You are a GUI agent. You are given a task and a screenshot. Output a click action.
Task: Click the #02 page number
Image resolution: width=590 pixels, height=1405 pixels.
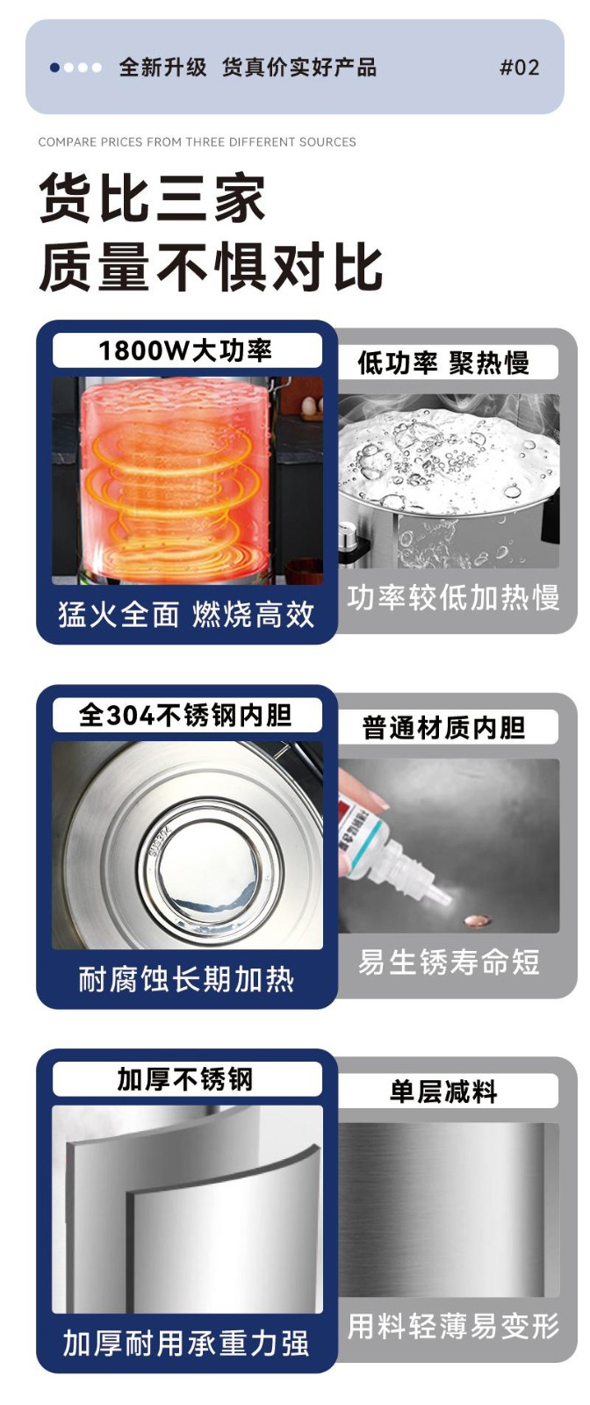(519, 67)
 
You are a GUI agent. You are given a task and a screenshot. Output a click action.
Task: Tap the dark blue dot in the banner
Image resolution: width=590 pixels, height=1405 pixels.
(55, 67)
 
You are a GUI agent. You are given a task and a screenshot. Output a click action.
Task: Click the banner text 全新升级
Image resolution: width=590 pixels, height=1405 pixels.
(162, 67)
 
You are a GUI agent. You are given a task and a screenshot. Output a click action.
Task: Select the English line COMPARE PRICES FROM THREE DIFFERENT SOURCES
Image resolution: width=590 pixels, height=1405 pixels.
(197, 142)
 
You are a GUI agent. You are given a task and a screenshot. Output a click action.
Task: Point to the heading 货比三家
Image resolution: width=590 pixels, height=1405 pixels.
(153, 198)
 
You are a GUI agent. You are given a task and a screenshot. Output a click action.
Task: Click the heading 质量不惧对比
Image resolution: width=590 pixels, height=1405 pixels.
(211, 267)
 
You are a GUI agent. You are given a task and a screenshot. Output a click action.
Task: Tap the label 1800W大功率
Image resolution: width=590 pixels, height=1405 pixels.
(185, 350)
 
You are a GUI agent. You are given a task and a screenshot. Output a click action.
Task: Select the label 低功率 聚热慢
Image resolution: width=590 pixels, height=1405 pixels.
(443, 363)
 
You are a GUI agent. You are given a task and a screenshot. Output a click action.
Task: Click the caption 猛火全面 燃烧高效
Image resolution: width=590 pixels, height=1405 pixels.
(186, 614)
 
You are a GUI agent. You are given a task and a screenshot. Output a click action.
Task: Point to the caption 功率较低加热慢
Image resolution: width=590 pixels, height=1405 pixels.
(453, 598)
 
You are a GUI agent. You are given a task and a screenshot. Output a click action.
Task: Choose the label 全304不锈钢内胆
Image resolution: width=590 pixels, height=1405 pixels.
(185, 715)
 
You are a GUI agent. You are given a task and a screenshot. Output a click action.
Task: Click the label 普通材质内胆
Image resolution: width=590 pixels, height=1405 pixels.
(443, 728)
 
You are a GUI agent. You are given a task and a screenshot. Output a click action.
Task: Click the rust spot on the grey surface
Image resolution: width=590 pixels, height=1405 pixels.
(476, 921)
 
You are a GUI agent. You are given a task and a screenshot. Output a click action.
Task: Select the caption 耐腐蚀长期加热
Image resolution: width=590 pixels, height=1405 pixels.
(186, 979)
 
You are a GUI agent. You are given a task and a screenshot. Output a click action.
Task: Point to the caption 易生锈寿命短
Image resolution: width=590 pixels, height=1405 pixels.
(449, 962)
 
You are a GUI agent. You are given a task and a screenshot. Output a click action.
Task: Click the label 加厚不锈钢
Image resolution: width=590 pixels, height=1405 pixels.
(185, 1080)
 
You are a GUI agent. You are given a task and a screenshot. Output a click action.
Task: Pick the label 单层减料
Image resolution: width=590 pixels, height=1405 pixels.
(443, 1092)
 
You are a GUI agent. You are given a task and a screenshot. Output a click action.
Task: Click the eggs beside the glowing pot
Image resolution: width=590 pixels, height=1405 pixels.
(308, 406)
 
